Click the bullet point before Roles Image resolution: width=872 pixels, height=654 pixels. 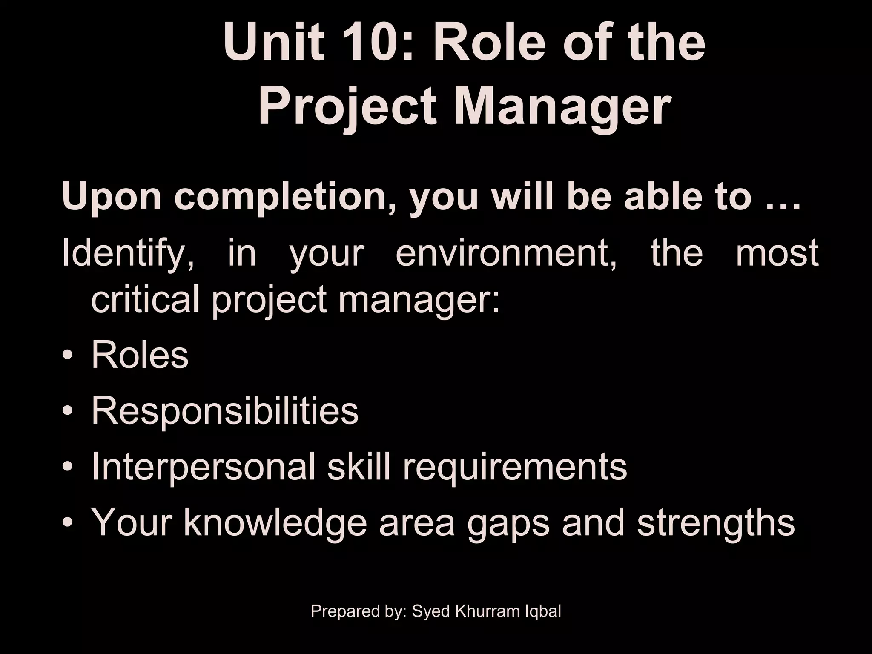[x=68, y=356]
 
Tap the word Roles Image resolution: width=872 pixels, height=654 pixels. [x=140, y=355]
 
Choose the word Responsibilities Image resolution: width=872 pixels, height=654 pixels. [x=225, y=412]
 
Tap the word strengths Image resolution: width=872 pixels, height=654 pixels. [x=716, y=523]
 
